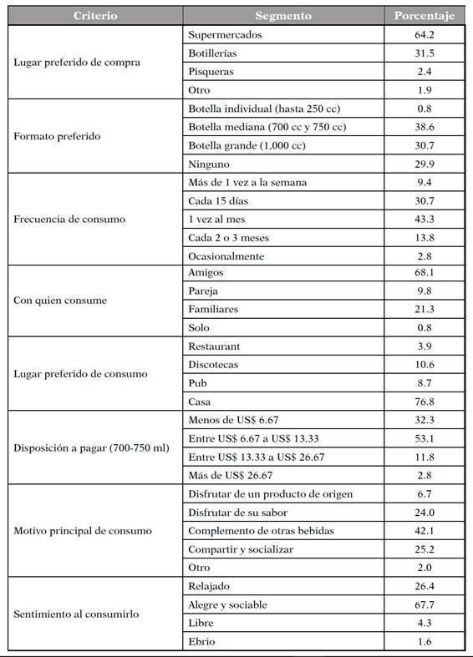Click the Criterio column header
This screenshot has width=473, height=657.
pyautogui.click(x=94, y=15)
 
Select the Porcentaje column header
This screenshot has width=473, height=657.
pyautogui.click(x=425, y=15)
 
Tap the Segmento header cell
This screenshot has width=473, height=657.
pyautogui.click(x=283, y=15)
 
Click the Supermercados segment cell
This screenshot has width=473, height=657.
pyautogui.click(x=225, y=34)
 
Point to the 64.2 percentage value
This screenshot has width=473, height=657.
pyautogui.click(x=425, y=34)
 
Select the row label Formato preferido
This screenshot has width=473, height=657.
pyautogui.click(x=57, y=136)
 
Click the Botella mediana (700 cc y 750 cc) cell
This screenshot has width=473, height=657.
pyautogui.click(x=267, y=127)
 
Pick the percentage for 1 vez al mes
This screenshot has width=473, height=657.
pyautogui.click(x=425, y=220)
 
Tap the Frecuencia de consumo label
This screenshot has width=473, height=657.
pyautogui.click(x=69, y=220)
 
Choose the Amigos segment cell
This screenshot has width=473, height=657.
pyautogui.click(x=206, y=273)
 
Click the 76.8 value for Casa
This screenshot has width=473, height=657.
pyautogui.click(x=425, y=402)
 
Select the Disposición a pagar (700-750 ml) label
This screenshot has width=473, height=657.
pyautogui.click(x=91, y=447)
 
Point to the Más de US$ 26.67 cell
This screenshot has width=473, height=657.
pyautogui.click(x=230, y=475)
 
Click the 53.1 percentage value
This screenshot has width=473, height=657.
pyautogui.click(x=425, y=438)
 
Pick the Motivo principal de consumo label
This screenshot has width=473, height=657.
pyautogui.click(x=83, y=530)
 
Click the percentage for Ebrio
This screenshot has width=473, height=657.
pyautogui.click(x=425, y=641)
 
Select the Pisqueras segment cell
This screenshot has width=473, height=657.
pyautogui.click(x=211, y=71)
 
